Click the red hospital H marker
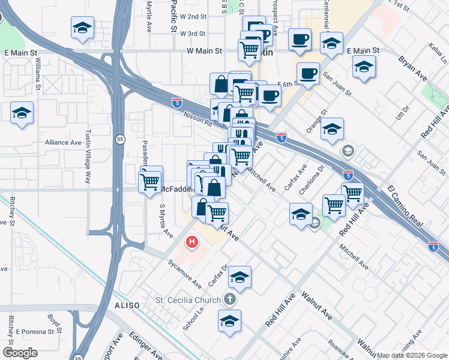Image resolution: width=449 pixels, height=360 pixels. coord(191,242)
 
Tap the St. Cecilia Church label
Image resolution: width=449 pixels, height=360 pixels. coord(187,299)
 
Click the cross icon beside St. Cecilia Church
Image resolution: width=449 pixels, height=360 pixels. coord(229,299)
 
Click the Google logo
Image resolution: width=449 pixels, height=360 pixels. coord(20,353)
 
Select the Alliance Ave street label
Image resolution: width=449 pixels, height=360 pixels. coord(63,143)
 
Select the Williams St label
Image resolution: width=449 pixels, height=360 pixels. coord(37,73)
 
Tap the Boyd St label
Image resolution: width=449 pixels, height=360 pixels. coord(55,323)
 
